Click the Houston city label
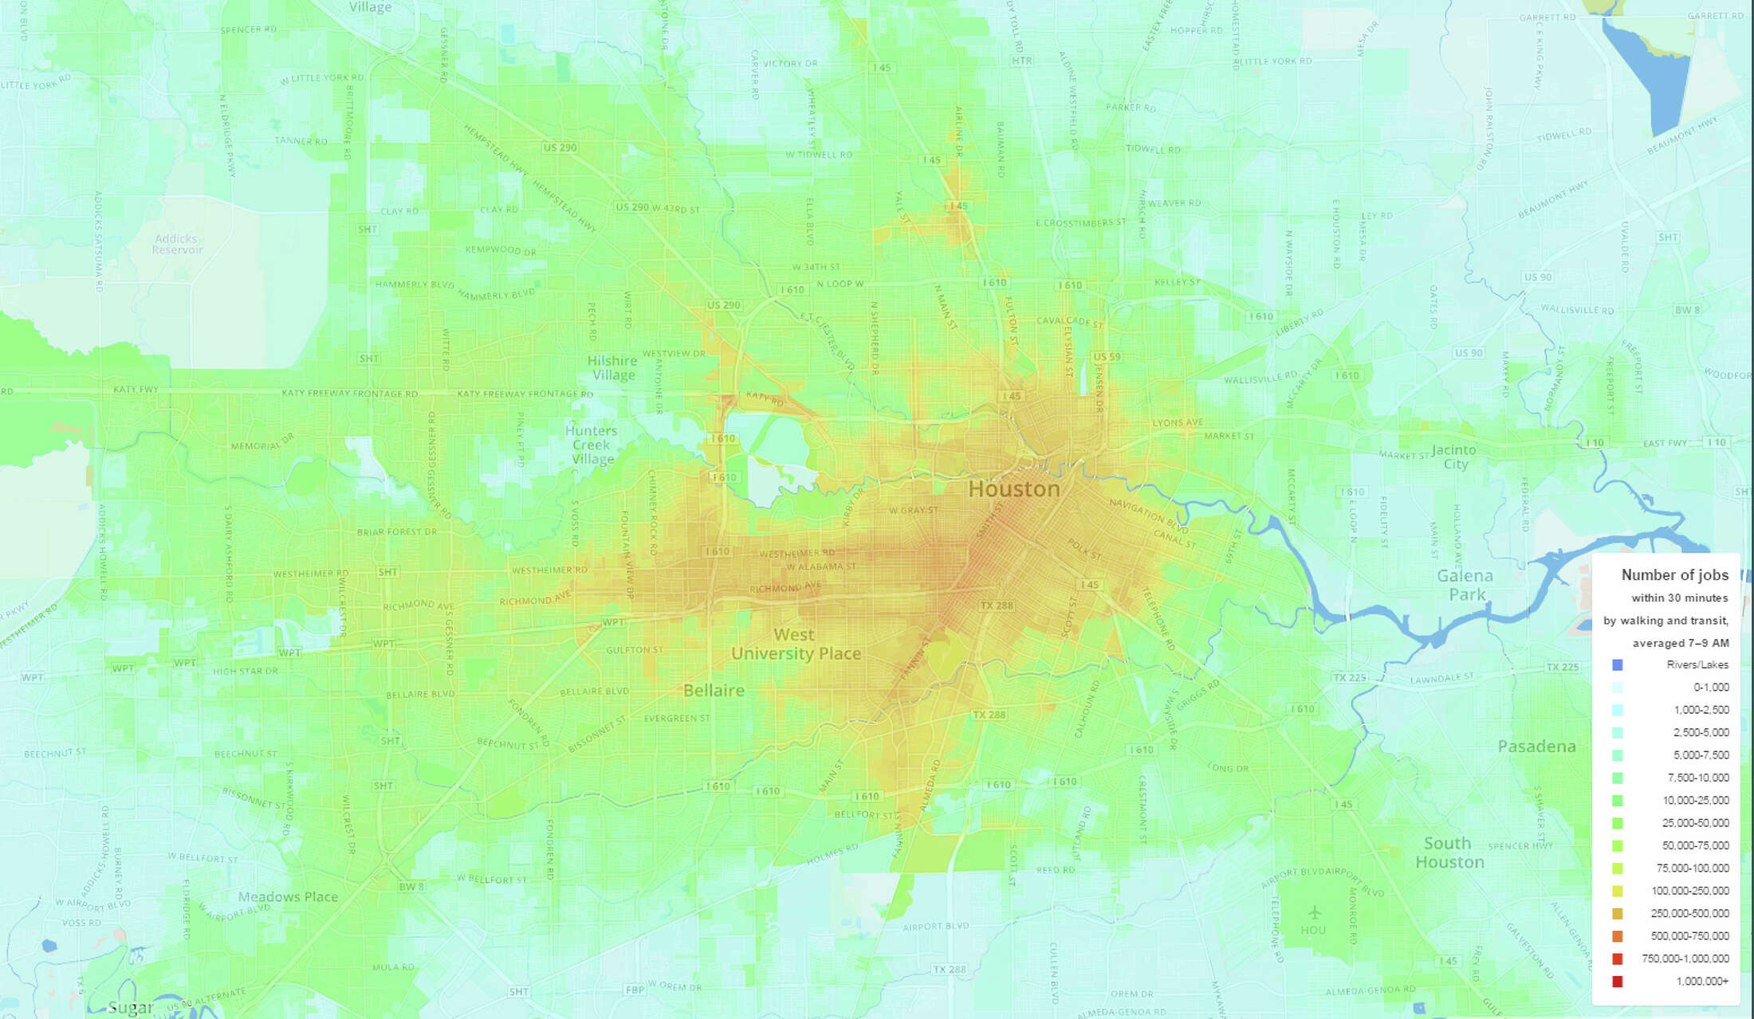click(1013, 488)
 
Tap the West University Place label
click(795, 645)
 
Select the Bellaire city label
click(714, 690)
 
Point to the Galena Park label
click(1466, 585)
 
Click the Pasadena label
click(1536, 747)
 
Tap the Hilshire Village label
click(612, 367)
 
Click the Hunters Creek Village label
click(592, 445)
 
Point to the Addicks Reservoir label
click(177, 244)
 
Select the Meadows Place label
click(288, 896)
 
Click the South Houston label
click(1449, 852)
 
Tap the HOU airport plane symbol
click(1314, 911)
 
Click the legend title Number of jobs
click(1674, 574)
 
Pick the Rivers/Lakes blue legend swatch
click(1617, 664)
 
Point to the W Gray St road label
click(914, 510)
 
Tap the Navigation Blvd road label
click(1148, 515)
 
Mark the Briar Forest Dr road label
click(396, 531)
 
